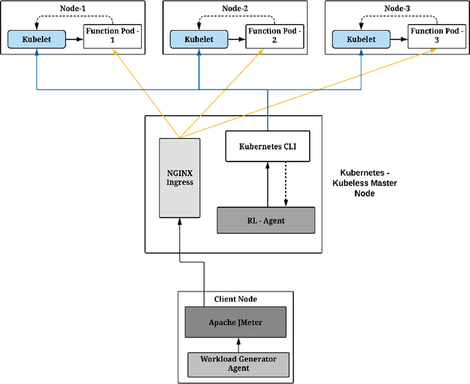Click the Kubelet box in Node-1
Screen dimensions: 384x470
coord(36,40)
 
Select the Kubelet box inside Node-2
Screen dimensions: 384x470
coord(199,40)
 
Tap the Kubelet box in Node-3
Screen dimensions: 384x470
coord(361,40)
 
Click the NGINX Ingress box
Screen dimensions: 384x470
coord(180,177)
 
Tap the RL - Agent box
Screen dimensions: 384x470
coord(266,220)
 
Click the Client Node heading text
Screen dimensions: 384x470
coord(236,299)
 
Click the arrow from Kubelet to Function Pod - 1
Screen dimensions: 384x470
coord(73,40)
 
